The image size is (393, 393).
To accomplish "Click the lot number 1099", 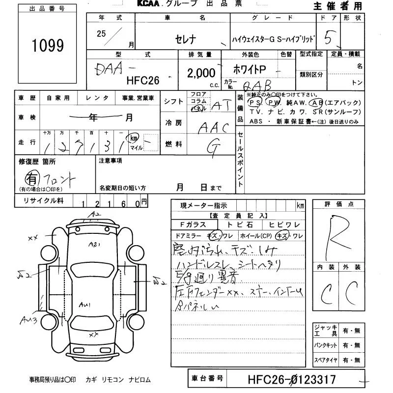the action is [48, 46].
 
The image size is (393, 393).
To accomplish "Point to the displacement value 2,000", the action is [201, 73].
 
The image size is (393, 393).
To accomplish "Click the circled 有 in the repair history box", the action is [31, 176].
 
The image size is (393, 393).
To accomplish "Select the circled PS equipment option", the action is [255, 102].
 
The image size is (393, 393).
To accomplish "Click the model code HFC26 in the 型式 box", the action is [144, 79].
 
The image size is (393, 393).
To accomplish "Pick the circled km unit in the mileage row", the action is [134, 139].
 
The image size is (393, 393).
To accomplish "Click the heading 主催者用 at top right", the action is [337, 6].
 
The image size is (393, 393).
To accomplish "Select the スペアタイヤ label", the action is [326, 360].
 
